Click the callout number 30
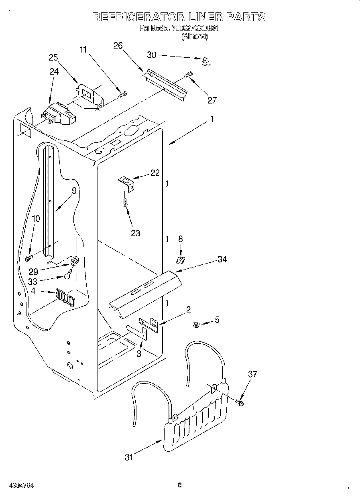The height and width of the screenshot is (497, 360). click(x=151, y=55)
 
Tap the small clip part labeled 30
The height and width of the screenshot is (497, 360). click(x=206, y=61)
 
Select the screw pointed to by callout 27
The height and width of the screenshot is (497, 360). click(x=188, y=75)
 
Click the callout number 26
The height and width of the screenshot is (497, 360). click(x=118, y=45)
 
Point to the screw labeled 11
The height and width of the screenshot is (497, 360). click(x=123, y=95)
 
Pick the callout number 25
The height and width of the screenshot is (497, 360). click(x=53, y=57)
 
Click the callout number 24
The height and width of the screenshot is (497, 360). click(x=54, y=71)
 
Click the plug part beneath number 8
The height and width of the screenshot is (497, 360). click(x=180, y=261)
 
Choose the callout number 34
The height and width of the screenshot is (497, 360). click(x=222, y=260)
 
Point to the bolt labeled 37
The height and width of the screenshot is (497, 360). click(x=240, y=402)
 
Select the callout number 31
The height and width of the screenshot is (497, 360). click(x=128, y=457)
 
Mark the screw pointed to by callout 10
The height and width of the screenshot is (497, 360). click(x=29, y=257)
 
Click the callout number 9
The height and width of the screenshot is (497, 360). click(x=74, y=191)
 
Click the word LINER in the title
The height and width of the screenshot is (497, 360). click(x=205, y=17)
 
